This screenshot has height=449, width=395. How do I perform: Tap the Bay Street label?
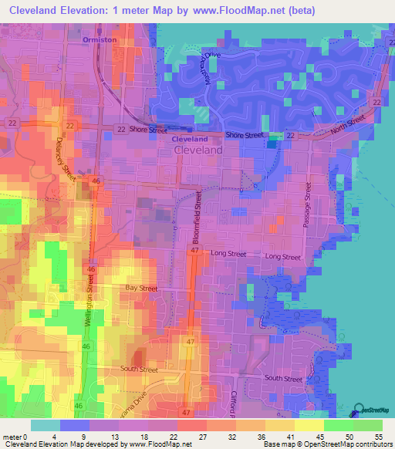point(141,288)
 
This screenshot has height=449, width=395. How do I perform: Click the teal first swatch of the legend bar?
point(45,424)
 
